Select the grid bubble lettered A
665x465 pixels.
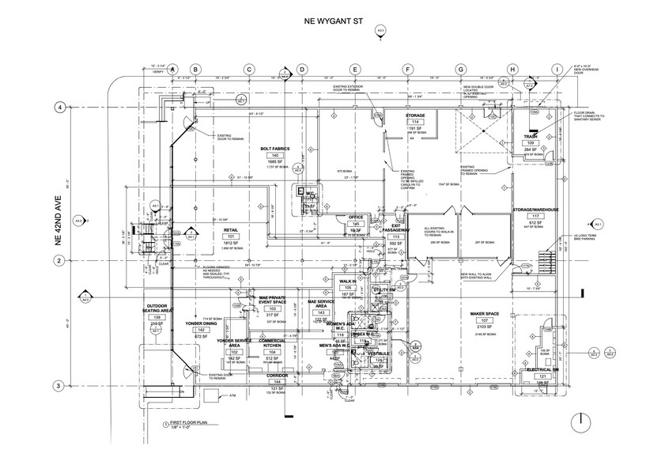pyautogui.click(x=172, y=69)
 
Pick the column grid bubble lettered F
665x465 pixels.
pyautogui.click(x=407, y=69)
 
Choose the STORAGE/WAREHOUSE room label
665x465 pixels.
pyautogui.click(x=535, y=210)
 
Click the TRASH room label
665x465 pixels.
pyautogui.click(x=530, y=136)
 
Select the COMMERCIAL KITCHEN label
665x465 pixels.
pyautogui.click(x=272, y=346)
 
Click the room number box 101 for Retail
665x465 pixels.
pyautogui.click(x=232, y=236)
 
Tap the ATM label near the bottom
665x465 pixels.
pyautogui.click(x=233, y=394)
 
